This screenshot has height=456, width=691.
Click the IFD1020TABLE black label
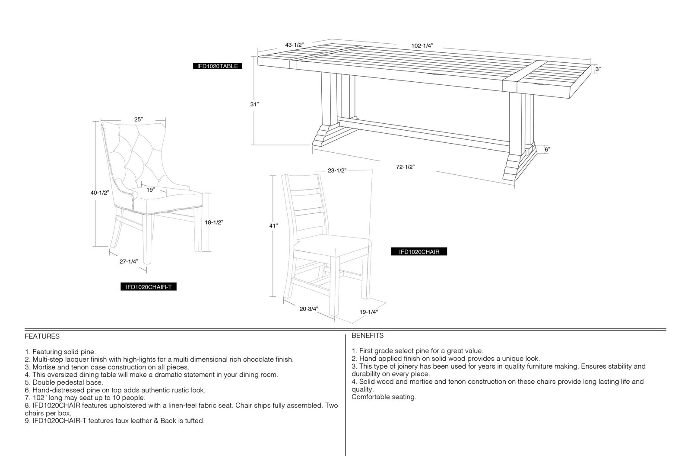pos(218,66)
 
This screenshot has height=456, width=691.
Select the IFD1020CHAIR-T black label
pos(149,287)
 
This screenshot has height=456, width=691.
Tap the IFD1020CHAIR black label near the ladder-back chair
pos(419,252)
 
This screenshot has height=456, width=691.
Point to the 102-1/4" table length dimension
pos(422,46)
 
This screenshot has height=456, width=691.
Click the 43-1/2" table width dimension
pos(294,45)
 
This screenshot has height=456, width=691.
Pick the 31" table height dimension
pos(254,104)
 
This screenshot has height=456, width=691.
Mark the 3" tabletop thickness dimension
pos(598,69)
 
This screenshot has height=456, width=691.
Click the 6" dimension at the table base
pos(547,150)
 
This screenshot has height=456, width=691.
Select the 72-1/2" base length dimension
pos(406,167)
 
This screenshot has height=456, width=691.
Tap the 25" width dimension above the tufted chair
pos(139,119)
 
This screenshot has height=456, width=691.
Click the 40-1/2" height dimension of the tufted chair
pos(100,193)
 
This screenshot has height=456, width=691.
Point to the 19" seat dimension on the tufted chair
pos(151,189)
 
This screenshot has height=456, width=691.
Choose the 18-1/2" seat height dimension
pos(214,222)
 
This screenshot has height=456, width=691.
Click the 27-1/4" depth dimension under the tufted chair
pos(129,262)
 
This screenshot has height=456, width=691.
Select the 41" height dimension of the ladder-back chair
pos(274,226)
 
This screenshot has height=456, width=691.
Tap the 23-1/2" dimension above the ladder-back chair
pos(337,170)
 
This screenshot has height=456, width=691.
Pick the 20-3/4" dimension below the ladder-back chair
pos(309,308)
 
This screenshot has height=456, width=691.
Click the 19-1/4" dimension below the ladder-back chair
pos(369,312)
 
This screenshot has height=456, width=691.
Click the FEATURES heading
pos(42,337)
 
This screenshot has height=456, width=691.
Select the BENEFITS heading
pos(368,336)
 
